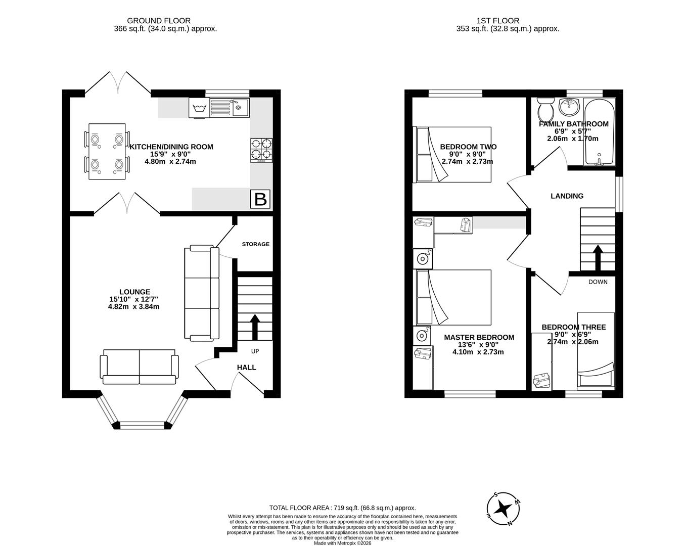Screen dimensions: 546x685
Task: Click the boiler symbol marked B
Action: coord(260,199)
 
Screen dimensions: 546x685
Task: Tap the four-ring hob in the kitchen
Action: coord(261,150)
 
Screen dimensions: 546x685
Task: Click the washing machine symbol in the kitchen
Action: coord(199,108)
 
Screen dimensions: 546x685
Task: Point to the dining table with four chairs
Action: coord(107,151)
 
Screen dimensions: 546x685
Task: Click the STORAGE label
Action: coord(255,244)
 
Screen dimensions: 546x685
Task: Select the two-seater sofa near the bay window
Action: coord(139,366)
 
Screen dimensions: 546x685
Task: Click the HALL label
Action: coord(247,368)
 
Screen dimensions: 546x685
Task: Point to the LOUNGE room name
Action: coord(134,292)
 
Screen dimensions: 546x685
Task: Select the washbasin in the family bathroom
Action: coord(570,106)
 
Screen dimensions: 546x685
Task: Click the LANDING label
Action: coord(567,196)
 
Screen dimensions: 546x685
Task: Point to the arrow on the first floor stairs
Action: coord(598,258)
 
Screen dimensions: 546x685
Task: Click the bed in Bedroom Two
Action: coord(453,155)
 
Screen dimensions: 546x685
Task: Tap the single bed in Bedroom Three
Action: coord(596,350)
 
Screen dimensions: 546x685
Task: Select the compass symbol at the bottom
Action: coord(504,508)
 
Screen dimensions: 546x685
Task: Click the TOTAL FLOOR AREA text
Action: coord(342,508)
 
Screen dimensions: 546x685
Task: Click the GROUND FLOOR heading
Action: coord(159,21)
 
